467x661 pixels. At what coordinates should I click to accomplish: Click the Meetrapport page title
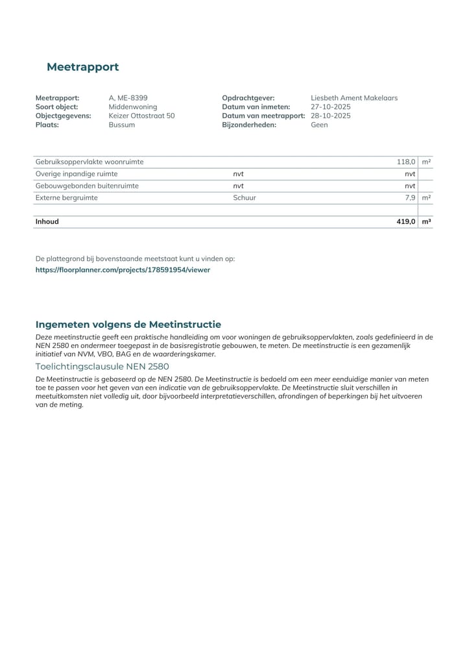82,67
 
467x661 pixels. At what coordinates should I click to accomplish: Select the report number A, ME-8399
128,98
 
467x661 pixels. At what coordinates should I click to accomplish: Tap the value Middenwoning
132,107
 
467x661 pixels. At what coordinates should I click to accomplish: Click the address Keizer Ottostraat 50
141,116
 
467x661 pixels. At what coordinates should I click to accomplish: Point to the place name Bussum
122,125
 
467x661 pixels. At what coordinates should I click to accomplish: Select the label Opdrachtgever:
248,98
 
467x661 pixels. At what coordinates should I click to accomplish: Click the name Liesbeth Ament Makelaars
354,98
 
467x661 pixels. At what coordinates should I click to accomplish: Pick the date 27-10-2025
330,107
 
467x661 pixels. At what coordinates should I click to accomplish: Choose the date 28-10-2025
330,116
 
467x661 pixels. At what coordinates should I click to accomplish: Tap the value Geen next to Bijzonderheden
319,125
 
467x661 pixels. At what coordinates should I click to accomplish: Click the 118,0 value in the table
406,162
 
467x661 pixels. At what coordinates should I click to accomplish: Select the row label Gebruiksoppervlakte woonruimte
90,162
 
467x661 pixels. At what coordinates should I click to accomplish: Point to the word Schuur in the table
245,197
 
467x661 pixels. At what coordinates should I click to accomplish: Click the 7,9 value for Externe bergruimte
409,197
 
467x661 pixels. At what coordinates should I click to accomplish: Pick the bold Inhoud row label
47,221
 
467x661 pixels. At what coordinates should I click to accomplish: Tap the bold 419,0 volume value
405,221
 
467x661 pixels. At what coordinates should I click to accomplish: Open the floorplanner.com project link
123,269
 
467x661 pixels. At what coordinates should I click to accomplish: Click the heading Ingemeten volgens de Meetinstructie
128,324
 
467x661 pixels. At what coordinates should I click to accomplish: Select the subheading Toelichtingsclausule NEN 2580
102,366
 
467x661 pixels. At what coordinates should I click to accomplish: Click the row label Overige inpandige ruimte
77,174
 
